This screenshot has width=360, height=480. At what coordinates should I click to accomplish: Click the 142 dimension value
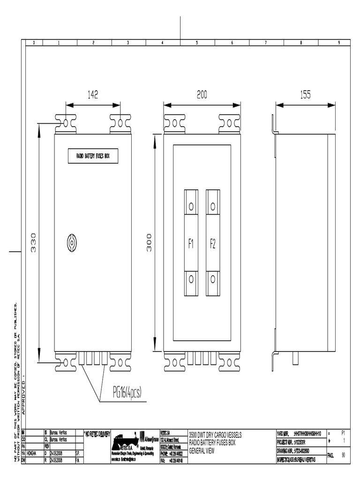(93, 95)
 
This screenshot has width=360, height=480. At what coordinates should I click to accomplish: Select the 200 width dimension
(202, 95)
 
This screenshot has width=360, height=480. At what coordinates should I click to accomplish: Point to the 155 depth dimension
(305, 95)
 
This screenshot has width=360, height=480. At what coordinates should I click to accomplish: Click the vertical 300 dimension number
(149, 242)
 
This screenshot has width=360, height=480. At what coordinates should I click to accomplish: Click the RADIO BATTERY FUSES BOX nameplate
(93, 156)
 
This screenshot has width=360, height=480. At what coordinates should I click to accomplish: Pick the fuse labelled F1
(191, 243)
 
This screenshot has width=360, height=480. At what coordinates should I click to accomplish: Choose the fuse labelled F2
(213, 243)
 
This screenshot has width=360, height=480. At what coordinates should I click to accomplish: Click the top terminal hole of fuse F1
(191, 206)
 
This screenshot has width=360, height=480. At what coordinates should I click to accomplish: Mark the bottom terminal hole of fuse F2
(213, 279)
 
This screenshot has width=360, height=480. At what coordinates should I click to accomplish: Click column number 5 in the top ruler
(197, 43)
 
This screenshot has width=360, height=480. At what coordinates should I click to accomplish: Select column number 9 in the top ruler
(338, 43)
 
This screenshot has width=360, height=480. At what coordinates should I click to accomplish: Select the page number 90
(343, 454)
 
